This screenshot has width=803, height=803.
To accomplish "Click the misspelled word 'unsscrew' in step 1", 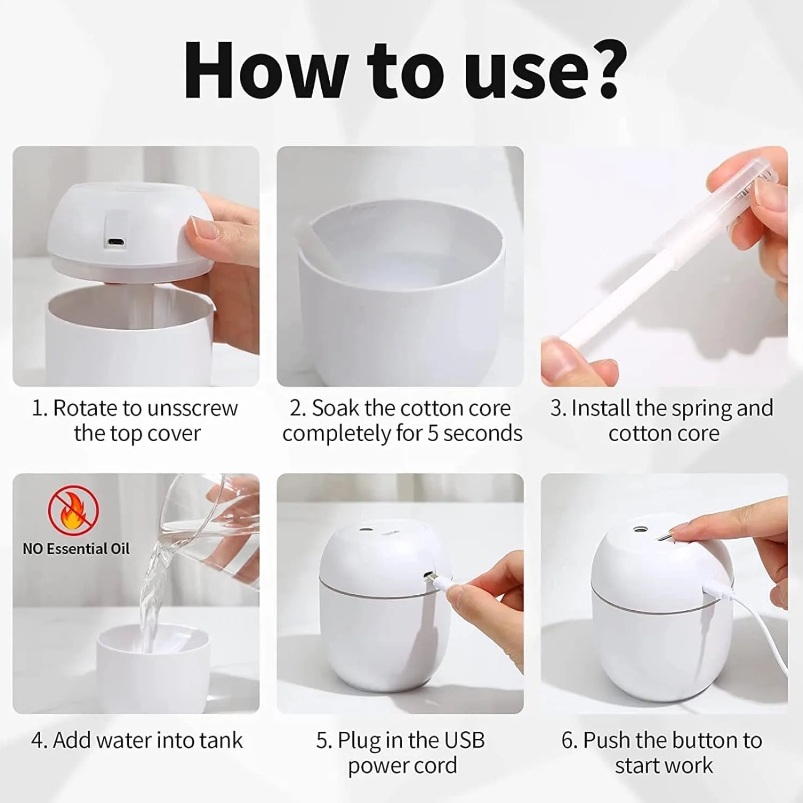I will [x=192, y=408].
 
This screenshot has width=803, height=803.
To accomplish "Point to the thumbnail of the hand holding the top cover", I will [x=136, y=266].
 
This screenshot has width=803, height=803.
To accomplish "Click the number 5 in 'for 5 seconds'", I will [x=433, y=434].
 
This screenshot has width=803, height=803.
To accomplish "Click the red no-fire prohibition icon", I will [x=73, y=511].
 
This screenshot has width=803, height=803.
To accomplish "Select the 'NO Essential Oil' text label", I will [x=76, y=549].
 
